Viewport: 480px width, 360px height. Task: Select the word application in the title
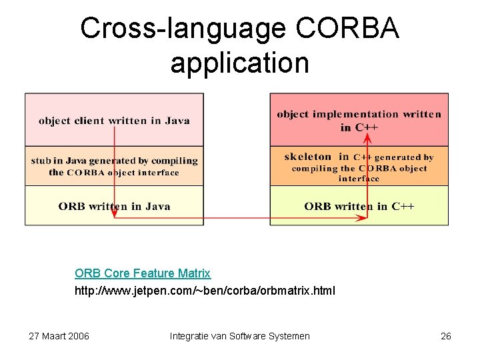[x=239, y=63]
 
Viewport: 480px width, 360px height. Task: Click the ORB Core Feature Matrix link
[x=143, y=273]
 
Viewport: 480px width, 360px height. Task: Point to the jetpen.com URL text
[x=205, y=291]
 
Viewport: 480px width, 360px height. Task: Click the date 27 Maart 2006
[x=59, y=336]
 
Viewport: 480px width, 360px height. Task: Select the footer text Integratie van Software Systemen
[x=240, y=336]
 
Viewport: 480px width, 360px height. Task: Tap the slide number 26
[x=446, y=336]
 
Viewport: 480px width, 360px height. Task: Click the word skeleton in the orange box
[x=307, y=157]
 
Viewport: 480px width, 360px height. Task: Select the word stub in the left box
[x=41, y=161]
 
